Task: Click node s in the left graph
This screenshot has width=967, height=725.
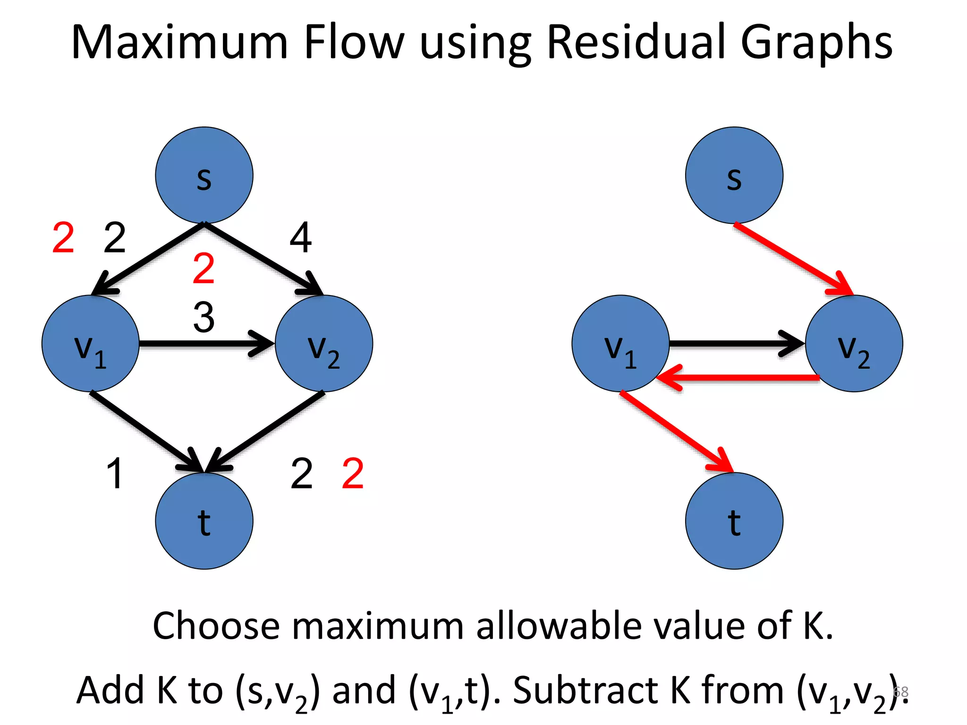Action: [204, 175]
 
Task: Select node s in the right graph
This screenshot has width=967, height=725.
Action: [734, 175]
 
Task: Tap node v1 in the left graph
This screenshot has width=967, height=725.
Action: [90, 343]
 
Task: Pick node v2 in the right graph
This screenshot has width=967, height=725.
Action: [854, 343]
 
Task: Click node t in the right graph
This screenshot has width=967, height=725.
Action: [734, 521]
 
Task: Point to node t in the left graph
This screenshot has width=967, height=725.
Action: [204, 521]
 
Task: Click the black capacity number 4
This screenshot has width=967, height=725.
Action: [300, 238]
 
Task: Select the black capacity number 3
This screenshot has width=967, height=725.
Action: [204, 317]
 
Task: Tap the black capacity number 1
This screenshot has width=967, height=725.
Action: [115, 473]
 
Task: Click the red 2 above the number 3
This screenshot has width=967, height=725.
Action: [204, 268]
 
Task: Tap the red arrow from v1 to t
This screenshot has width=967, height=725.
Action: [675, 430]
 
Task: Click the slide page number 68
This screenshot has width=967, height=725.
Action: [901, 691]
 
